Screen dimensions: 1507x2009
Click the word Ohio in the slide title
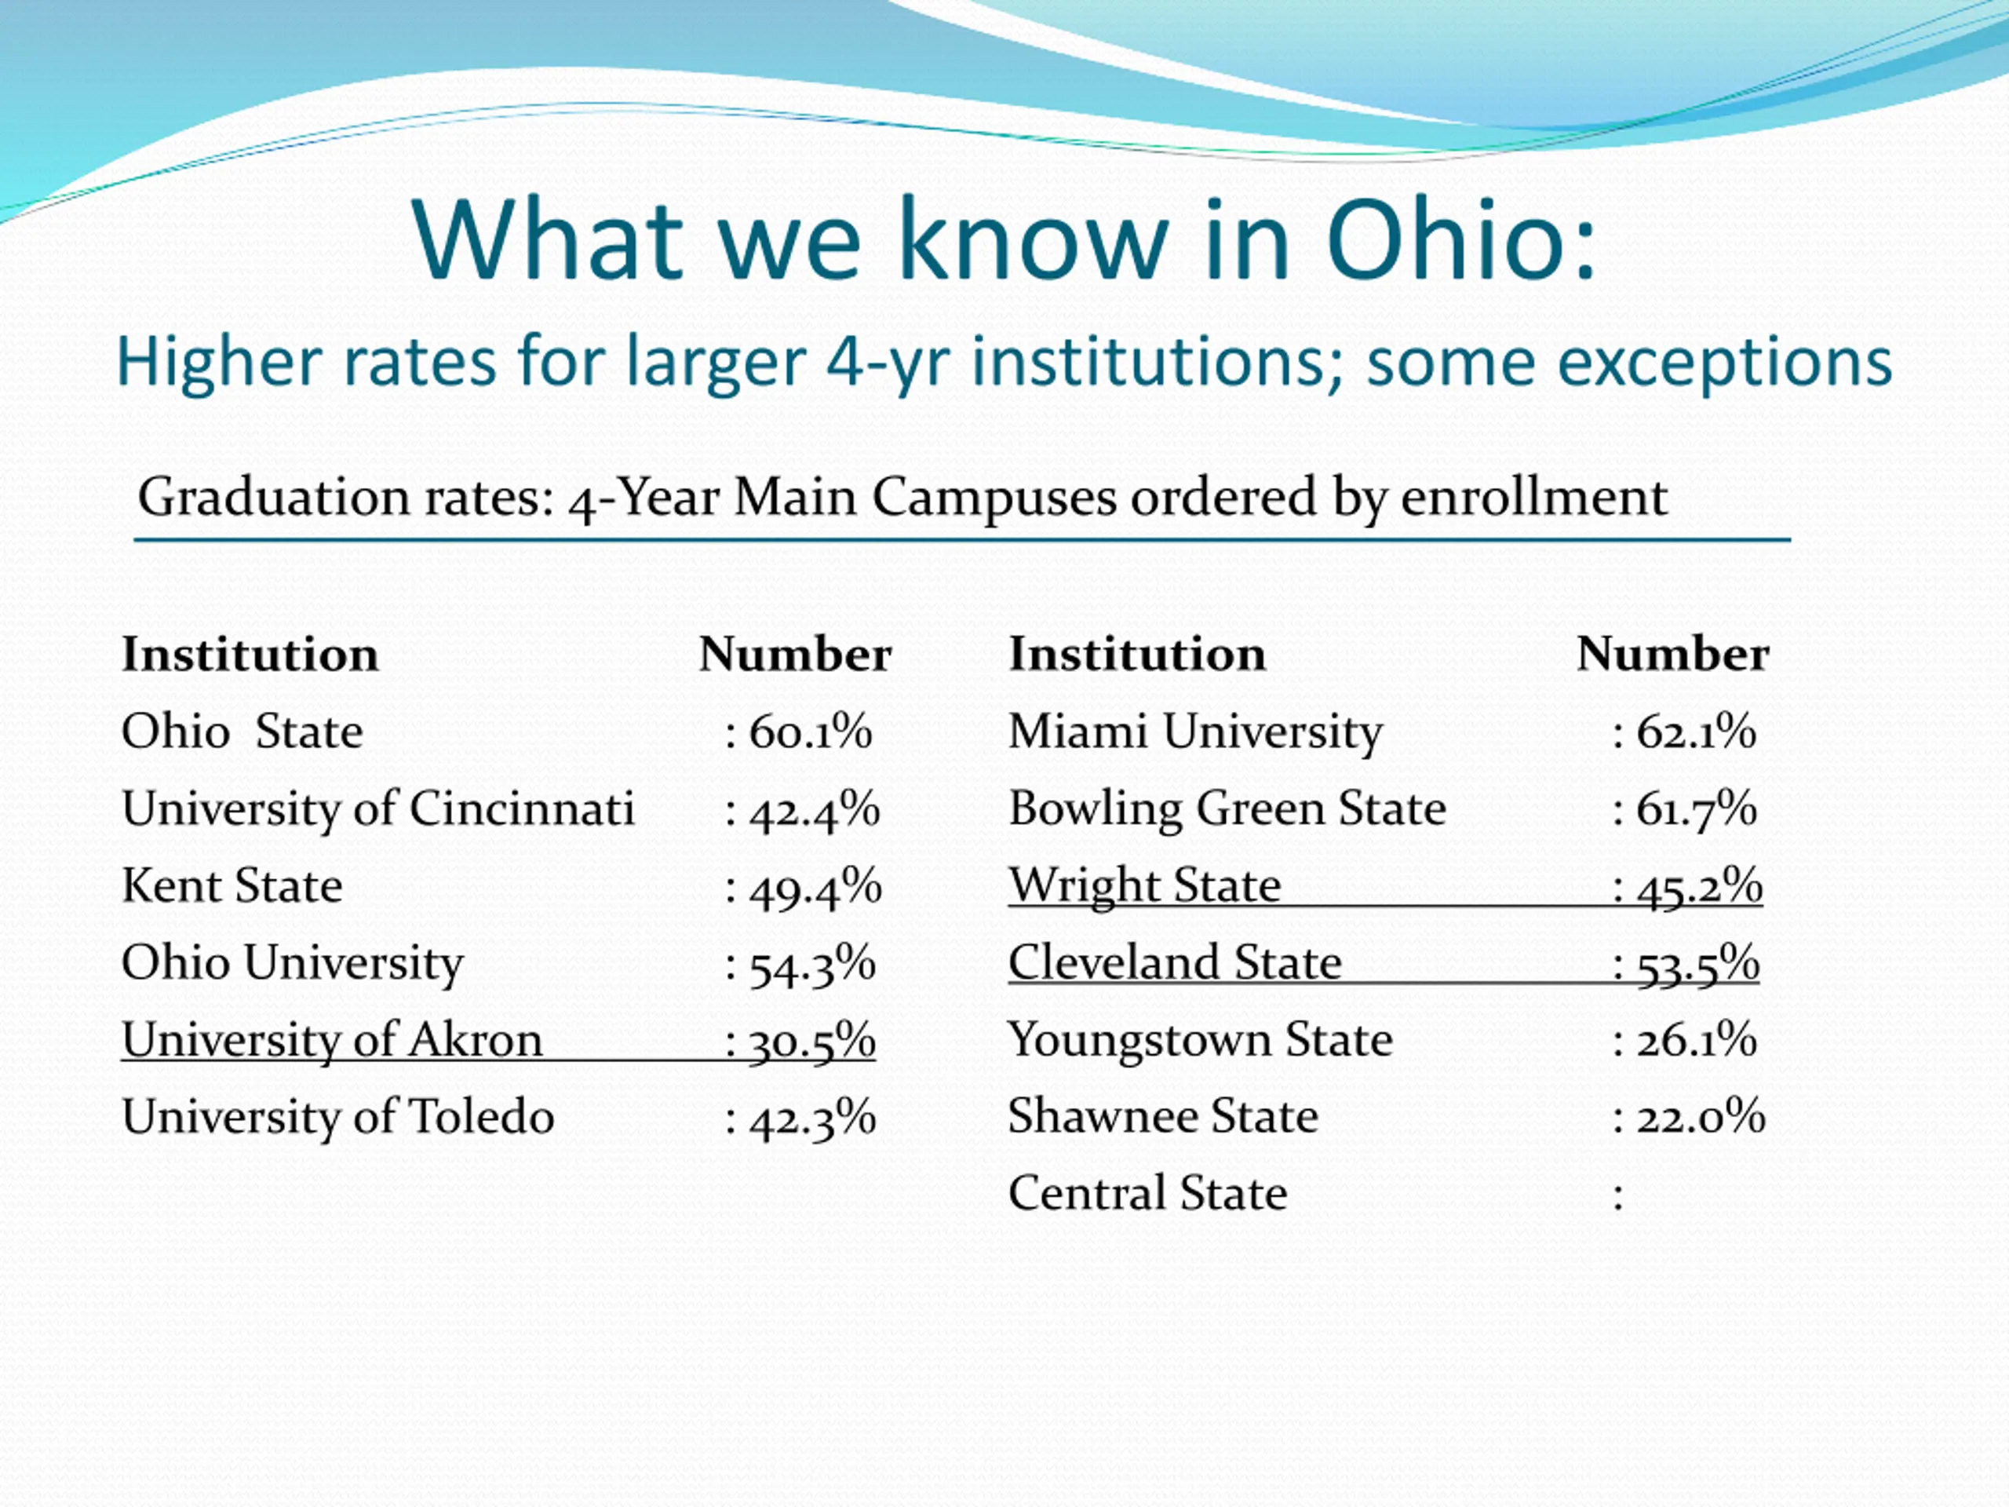pos(1459,240)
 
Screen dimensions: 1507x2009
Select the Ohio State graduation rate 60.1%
pos(809,732)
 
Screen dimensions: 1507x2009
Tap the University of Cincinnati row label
pos(377,808)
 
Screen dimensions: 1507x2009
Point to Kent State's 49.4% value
pos(814,887)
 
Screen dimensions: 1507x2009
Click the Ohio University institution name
pos(293,963)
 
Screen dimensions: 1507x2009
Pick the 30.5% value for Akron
pos(811,1041)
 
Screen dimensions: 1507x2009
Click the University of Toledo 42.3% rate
pos(811,1118)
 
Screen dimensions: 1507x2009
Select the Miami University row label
pos(1195,732)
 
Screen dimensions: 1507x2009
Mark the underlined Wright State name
pos(1144,885)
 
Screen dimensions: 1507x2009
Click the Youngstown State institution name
pos(1200,1040)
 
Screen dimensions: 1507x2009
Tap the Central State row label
pos(1147,1194)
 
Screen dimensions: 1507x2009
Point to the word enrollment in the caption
pos(1534,498)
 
